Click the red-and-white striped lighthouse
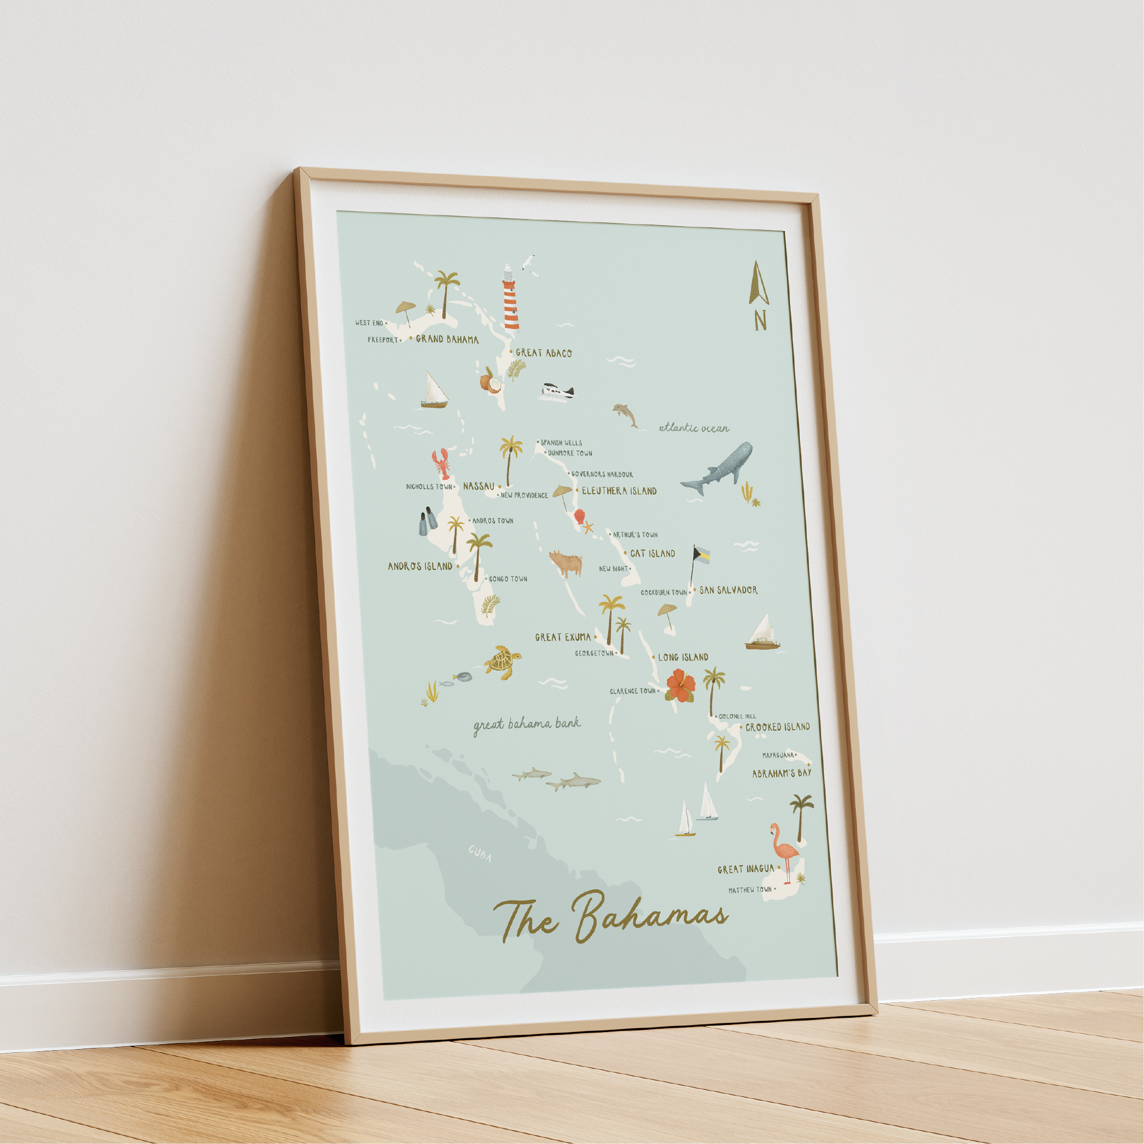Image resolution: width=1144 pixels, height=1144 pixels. point(511,299)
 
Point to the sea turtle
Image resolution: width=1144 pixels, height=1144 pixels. point(503,662)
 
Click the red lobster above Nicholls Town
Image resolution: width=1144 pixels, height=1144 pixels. point(441,464)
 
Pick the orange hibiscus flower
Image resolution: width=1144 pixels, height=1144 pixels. point(680,686)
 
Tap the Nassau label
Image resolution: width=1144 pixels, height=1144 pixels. point(479,486)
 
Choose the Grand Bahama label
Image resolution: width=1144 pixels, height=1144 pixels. point(447,339)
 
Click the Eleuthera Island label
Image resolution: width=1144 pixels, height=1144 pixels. point(619,491)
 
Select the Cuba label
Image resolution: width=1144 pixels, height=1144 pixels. point(480,854)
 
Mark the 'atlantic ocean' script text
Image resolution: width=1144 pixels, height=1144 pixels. point(694,428)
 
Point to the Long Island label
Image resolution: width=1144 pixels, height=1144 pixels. point(683,657)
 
